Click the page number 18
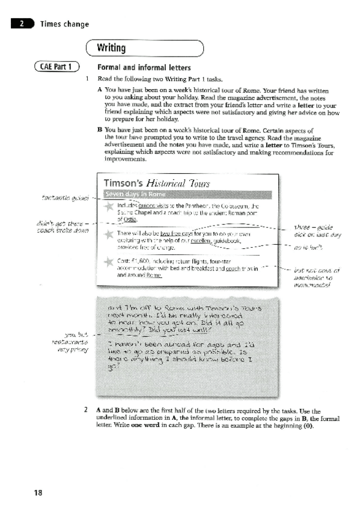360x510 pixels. tap(38, 493)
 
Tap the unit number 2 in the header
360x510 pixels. tap(21, 24)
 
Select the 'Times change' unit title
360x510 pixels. tap(64, 24)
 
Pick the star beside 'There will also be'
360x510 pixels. tap(109, 235)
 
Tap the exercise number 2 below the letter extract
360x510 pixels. tap(88, 409)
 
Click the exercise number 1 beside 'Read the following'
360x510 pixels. tap(88, 79)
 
